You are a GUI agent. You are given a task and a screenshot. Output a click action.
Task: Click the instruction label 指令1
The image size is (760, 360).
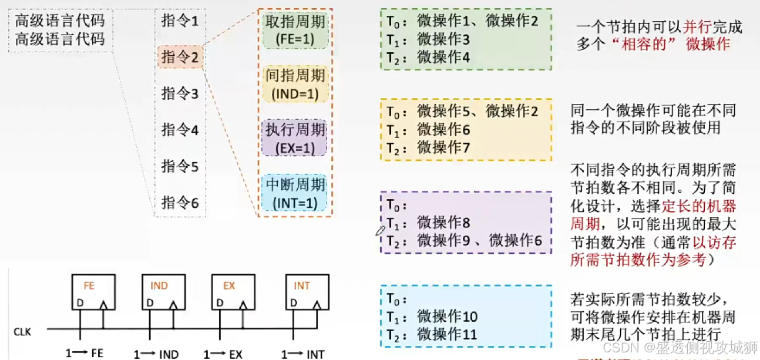tap(180, 22)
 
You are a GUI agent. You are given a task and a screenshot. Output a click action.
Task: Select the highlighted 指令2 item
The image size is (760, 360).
tap(180, 58)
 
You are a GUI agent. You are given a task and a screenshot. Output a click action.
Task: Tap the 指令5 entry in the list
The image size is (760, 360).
tap(180, 167)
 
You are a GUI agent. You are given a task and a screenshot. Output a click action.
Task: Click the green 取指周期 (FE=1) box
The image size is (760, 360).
tap(295, 31)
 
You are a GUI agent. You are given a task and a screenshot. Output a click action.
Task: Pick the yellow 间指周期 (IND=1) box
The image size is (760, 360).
tap(295, 84)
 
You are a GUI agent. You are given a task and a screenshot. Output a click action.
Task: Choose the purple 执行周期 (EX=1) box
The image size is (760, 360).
tap(295, 139)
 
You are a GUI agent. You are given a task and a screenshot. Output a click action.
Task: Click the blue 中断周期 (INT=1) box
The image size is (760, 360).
tap(295, 194)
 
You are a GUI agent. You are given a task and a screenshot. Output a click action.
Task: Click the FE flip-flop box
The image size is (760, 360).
tap(93, 292)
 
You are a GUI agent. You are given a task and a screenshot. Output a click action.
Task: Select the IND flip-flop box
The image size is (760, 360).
tap(163, 292)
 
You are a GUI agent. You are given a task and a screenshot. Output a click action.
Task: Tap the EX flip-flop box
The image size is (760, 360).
tap(233, 292)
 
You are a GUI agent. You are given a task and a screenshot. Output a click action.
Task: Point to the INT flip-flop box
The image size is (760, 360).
tap(306, 292)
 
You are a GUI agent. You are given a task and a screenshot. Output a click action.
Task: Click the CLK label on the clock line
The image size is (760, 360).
tap(22, 332)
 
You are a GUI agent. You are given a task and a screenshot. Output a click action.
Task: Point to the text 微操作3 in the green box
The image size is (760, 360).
tap(443, 40)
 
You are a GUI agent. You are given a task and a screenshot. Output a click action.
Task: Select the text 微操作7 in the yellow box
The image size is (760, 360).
tap(443, 147)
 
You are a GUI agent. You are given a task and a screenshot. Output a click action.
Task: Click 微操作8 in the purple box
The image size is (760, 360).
tap(443, 223)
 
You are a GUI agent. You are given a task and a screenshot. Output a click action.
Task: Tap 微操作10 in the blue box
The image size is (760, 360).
tap(447, 317)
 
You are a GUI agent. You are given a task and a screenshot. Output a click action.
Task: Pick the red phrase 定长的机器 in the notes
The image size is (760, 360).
tap(699, 207)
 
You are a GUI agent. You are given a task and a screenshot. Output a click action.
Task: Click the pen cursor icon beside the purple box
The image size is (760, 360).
tap(380, 230)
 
